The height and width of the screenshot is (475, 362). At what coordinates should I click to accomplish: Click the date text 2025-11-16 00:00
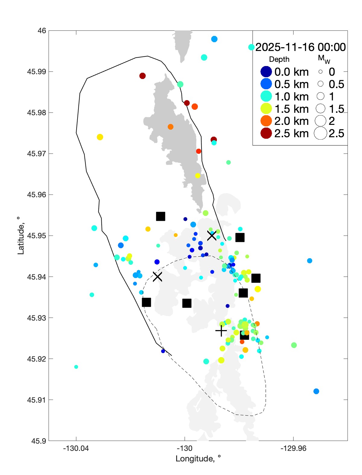[300, 47]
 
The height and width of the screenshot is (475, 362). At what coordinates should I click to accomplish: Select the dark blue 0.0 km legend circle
[266, 72]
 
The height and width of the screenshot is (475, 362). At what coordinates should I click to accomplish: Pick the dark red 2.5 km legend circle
[266, 133]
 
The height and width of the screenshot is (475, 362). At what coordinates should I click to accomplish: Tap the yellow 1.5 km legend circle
[266, 109]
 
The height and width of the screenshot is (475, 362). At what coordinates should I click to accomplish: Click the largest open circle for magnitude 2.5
[320, 133]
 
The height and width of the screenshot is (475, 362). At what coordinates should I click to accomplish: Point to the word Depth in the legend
[279, 59]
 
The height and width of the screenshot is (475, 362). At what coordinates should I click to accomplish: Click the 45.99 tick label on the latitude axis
[37, 72]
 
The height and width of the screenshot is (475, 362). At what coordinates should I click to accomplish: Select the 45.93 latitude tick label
[37, 318]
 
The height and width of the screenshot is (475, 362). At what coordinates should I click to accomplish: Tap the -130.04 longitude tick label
[76, 448]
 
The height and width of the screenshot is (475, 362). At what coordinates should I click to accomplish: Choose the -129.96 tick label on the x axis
[293, 448]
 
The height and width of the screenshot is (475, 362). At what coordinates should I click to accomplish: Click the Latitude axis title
[21, 236]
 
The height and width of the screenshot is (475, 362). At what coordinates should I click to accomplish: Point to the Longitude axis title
[198, 459]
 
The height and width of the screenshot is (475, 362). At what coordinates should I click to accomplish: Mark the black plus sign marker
[221, 331]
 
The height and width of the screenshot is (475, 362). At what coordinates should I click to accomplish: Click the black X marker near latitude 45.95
[212, 236]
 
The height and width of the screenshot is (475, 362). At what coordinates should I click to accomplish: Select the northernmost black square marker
[160, 216]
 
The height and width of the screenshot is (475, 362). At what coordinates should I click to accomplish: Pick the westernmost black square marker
[146, 302]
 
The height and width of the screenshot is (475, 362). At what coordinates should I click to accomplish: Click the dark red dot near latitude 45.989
[143, 76]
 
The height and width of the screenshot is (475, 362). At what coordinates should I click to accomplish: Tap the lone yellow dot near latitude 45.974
[100, 137]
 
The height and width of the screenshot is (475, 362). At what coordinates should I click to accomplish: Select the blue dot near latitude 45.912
[316, 391]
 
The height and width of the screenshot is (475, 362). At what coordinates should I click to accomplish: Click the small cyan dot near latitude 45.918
[76, 367]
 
